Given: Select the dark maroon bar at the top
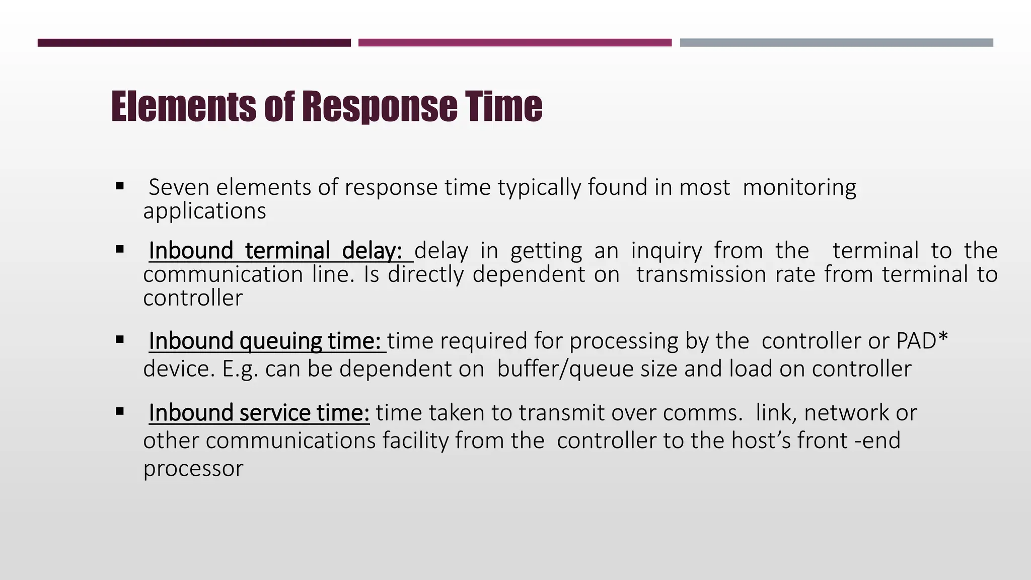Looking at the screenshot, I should [x=194, y=43].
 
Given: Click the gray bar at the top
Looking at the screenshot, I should [x=836, y=43].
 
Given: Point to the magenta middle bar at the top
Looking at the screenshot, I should [x=514, y=43].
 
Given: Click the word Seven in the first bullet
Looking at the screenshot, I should [x=179, y=187].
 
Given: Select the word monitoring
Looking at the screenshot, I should [x=799, y=187].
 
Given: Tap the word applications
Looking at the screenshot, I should [x=204, y=210].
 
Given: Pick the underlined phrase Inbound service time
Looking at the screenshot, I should [x=259, y=413].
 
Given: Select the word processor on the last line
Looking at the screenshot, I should [x=193, y=468].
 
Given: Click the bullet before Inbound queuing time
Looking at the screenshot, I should [x=120, y=340].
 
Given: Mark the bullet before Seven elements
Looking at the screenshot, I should [x=120, y=186].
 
